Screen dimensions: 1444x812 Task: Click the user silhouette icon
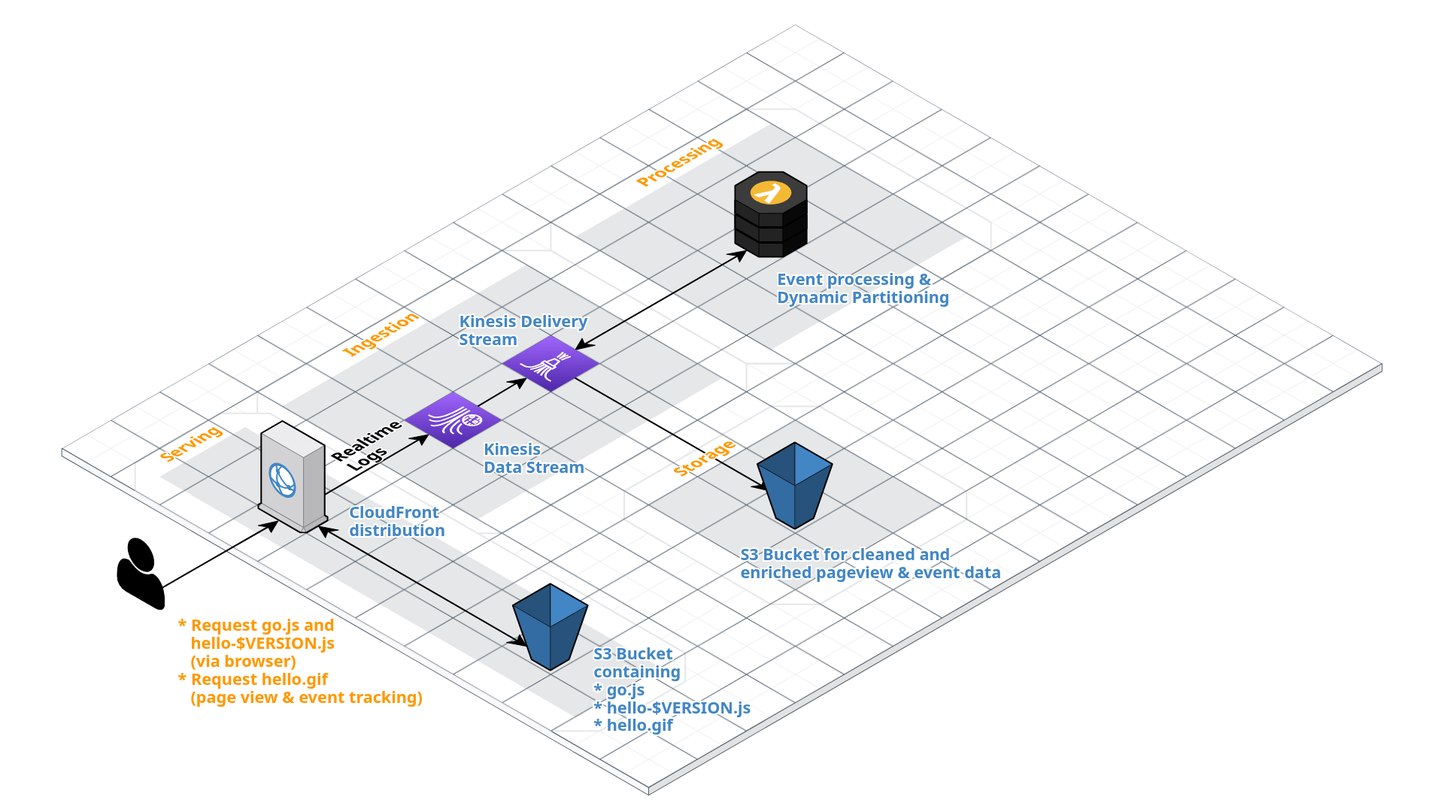[x=141, y=573]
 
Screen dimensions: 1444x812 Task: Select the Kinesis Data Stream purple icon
[x=454, y=420]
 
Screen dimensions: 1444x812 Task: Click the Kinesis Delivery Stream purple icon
[x=551, y=363]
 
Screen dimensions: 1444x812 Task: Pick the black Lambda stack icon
[x=771, y=214]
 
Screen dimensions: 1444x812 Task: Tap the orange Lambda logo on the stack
[x=771, y=192]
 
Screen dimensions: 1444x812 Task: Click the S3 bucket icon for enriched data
[x=795, y=485]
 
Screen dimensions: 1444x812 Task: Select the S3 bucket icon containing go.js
[x=551, y=626]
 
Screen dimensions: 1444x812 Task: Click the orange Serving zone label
[x=191, y=444]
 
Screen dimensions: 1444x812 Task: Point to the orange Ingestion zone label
[x=380, y=334]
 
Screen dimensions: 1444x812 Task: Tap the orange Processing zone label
[x=679, y=162]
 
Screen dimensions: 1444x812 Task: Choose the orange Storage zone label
[x=704, y=459]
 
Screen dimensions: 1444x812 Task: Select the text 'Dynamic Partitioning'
[x=863, y=298]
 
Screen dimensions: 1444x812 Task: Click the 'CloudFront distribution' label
[x=396, y=521]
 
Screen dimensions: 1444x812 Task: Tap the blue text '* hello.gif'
[x=633, y=725]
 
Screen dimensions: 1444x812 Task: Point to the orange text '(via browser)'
[x=243, y=662]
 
